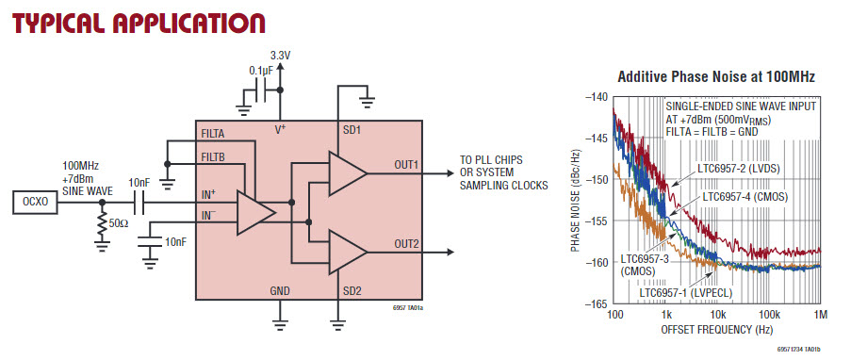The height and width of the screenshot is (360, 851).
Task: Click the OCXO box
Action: tap(34, 203)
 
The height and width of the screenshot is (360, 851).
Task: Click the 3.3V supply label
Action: tap(280, 55)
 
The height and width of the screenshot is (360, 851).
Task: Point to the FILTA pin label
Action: tap(213, 134)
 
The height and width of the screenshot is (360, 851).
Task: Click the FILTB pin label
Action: tap(213, 157)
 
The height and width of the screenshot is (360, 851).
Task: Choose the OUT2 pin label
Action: tap(406, 244)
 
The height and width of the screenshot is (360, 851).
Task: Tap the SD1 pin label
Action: tap(352, 131)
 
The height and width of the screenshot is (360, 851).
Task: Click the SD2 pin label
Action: tap(352, 291)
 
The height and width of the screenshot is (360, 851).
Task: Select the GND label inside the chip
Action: tap(280, 291)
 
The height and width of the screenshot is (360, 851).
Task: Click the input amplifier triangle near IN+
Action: tap(253, 212)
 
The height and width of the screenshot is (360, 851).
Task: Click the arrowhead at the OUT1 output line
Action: tap(450, 173)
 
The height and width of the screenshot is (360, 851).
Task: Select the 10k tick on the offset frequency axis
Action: tap(717, 314)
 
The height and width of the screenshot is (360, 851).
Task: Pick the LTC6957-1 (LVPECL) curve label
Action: tap(686, 293)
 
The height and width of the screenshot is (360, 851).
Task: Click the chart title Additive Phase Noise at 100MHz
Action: tap(716, 77)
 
